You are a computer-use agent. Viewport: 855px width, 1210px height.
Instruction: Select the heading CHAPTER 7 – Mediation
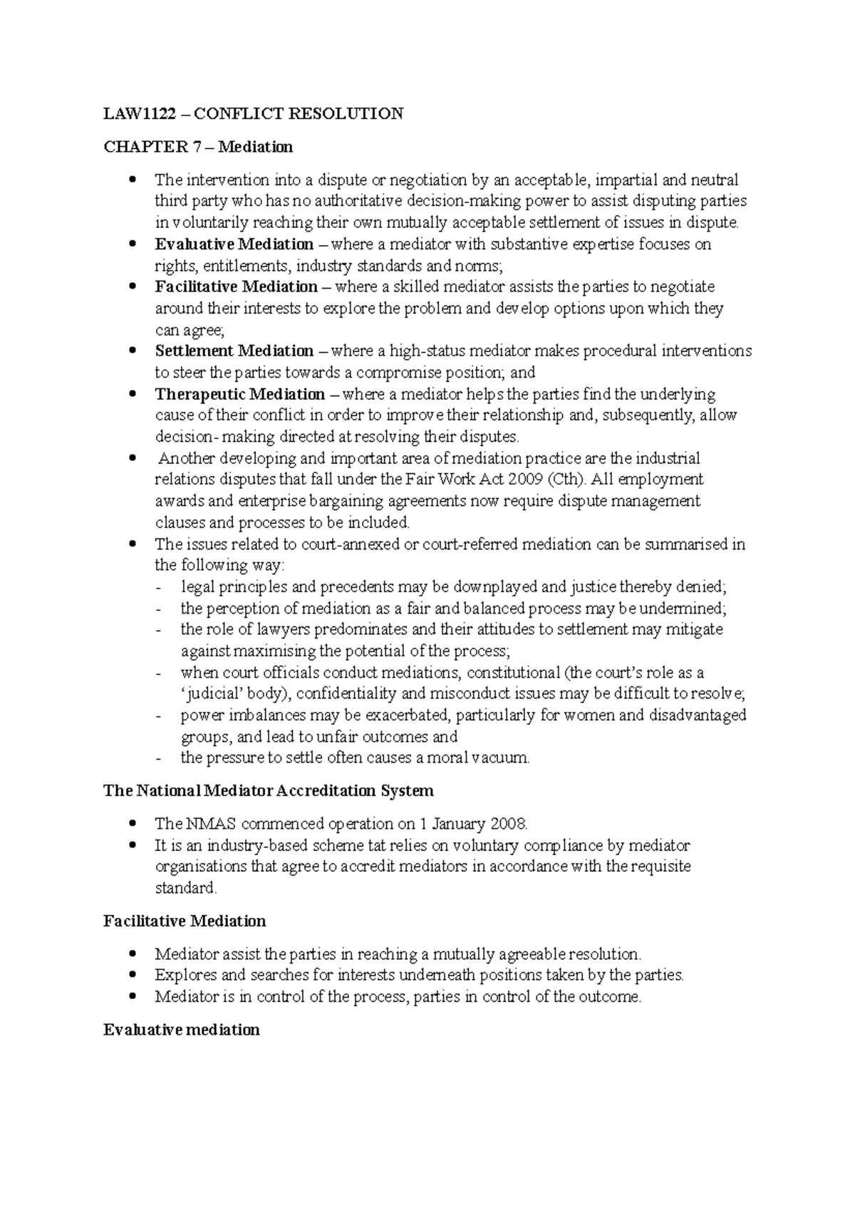pos(198,147)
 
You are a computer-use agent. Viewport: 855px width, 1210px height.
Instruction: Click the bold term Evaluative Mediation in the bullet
pos(234,244)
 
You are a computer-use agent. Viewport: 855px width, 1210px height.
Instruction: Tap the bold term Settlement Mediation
pos(234,351)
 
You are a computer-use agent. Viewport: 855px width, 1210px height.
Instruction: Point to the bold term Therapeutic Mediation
pos(240,394)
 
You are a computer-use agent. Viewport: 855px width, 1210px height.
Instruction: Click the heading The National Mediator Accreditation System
pos(268,791)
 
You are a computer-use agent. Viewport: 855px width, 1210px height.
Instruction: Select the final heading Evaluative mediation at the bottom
pos(181,1030)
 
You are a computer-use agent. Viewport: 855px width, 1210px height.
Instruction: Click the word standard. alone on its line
pos(185,889)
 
